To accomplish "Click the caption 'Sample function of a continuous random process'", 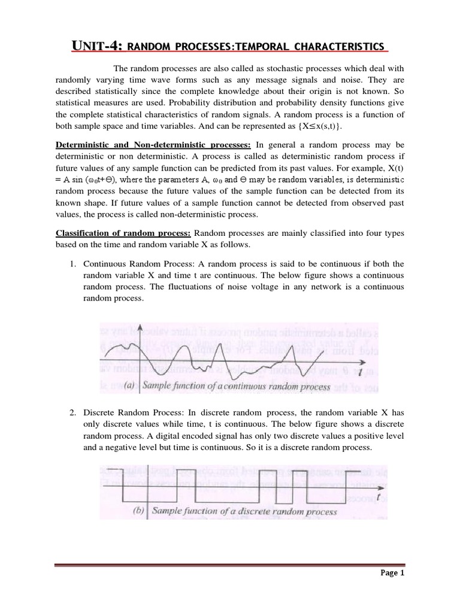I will point(237,386).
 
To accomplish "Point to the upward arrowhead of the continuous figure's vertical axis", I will point(138,328).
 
